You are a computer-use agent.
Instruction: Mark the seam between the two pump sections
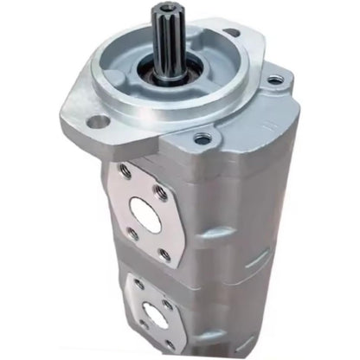coord(216,260)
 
